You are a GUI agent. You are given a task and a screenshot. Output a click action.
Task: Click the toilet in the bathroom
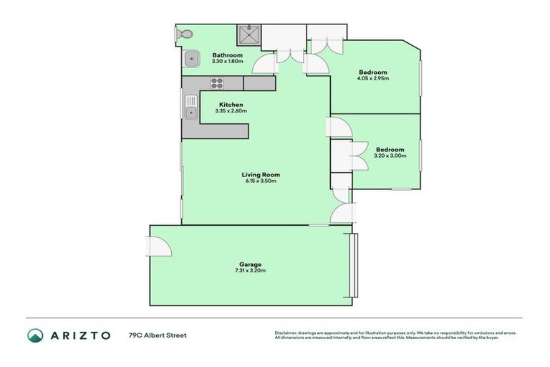point(185,34)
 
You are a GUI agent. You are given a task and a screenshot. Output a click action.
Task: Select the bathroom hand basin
point(191,59)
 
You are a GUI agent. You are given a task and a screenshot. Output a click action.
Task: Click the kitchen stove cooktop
point(218,83)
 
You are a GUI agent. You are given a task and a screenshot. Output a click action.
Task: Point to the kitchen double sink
point(190,108)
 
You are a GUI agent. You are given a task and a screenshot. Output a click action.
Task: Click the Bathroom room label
point(227,55)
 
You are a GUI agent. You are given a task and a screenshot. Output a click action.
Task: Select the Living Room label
point(260,174)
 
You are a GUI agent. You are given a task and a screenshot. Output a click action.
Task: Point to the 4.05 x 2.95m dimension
point(372,78)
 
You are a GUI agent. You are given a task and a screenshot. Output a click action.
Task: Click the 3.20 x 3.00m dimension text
point(390,156)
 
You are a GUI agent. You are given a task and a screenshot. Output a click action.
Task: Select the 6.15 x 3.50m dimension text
point(260,181)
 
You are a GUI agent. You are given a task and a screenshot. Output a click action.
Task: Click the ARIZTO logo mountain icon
point(35,335)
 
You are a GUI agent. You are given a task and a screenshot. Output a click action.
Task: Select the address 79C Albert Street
point(158,335)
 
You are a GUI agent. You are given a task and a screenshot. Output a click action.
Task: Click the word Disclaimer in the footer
point(286,333)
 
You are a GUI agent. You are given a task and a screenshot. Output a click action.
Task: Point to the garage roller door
point(351,265)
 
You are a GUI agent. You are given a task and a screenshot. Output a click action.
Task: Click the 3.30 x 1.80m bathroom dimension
point(227,62)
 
